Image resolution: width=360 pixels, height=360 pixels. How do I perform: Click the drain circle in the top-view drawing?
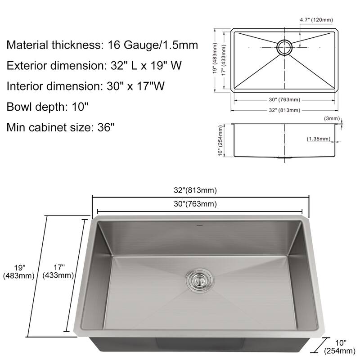[x=284, y=47]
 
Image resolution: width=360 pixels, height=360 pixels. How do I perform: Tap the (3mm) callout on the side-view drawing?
[x=332, y=118]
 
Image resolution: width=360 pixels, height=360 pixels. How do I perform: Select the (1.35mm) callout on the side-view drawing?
[x=319, y=139]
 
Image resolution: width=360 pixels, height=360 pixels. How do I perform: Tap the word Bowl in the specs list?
[x=19, y=107]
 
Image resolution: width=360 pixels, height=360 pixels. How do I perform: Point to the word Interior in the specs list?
[x=25, y=86]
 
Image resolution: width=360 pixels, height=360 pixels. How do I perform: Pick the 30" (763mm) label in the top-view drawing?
[x=284, y=100]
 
